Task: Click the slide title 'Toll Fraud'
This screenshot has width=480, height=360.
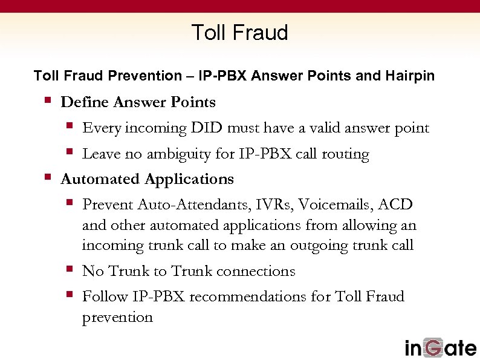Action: pos(239,32)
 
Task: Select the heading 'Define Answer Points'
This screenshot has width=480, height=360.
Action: pos(138,102)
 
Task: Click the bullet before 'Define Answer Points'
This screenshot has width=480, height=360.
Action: pos(48,101)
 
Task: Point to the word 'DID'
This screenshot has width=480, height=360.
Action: pos(206,128)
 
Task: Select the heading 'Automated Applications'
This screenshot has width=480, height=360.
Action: pos(147,180)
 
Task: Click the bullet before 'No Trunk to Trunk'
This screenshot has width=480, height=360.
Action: pos(70,270)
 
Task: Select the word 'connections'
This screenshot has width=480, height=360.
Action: pos(256,271)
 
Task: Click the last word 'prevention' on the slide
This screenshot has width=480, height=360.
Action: pos(117,317)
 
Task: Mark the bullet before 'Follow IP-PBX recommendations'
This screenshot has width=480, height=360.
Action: pos(70,295)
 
